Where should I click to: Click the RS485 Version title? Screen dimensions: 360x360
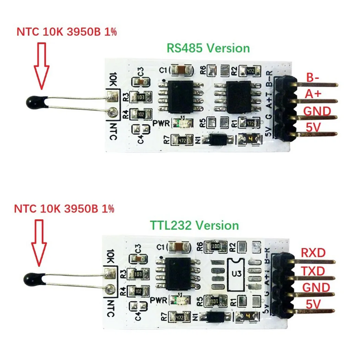[x=208, y=48]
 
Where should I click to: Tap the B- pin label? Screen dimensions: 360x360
[x=314, y=77]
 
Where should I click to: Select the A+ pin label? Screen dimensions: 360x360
[x=314, y=94]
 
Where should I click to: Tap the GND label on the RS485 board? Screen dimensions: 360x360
[x=317, y=111]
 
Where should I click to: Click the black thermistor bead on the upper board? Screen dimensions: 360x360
[x=36, y=101]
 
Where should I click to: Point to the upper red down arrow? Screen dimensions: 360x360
[x=42, y=65]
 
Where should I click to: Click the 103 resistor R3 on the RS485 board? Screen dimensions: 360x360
[x=140, y=97]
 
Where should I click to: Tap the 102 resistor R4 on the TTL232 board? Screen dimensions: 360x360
[x=139, y=291]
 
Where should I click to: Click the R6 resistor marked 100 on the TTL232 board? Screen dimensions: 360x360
[x=215, y=246]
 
